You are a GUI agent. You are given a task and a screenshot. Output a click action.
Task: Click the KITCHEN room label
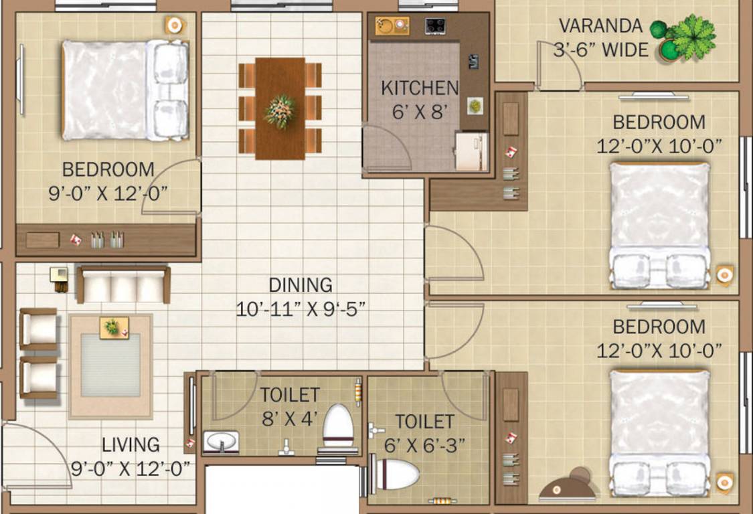(420, 88)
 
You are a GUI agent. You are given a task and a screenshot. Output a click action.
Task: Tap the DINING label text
(301, 284)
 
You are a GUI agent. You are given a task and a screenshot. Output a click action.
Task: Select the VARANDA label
(600, 27)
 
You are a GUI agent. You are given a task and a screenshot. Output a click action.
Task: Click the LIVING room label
(131, 444)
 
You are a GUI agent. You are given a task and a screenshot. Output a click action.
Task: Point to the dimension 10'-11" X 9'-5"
(301, 309)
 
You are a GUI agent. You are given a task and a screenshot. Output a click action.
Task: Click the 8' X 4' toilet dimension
(290, 418)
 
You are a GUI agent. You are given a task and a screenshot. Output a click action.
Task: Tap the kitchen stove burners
(436, 27)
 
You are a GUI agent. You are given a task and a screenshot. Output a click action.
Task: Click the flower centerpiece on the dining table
(280, 110)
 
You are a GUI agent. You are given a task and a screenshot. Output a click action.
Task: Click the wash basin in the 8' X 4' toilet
(221, 442)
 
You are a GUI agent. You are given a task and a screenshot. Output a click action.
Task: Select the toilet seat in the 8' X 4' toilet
(338, 427)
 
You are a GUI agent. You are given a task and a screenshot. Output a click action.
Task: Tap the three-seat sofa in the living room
(122, 284)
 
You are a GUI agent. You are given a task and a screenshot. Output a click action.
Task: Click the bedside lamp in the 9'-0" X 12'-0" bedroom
(174, 25)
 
